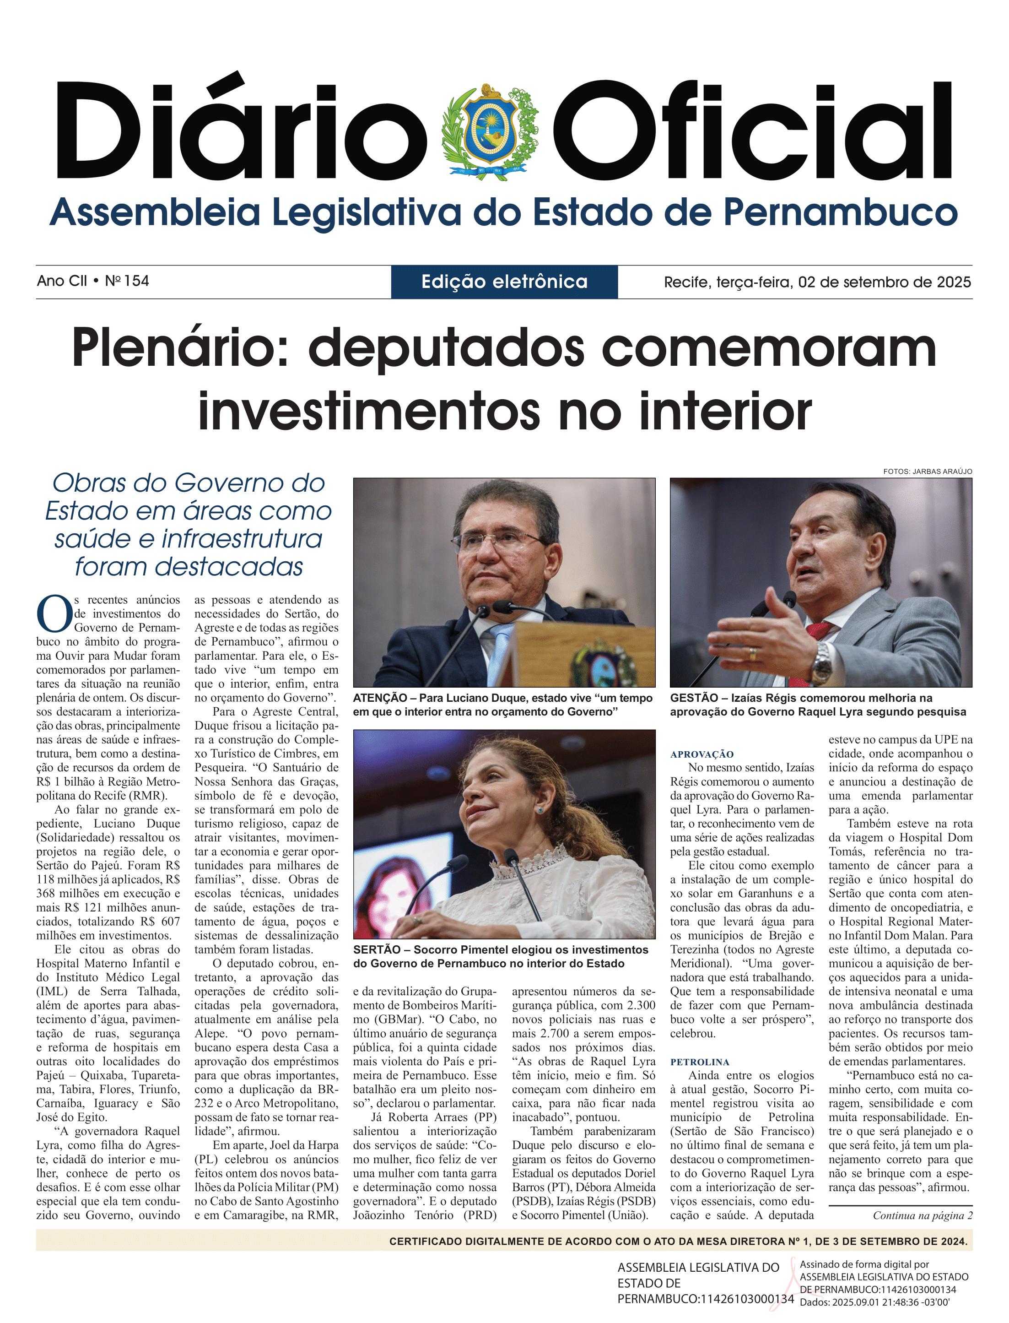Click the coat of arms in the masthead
pyautogui.click(x=490, y=131)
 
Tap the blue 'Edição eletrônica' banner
pyautogui.click(x=504, y=282)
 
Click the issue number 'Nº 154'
pyautogui.click(x=127, y=281)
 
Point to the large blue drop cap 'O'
pyautogui.click(x=54, y=614)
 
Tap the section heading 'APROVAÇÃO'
pyautogui.click(x=702, y=754)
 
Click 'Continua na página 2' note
pyautogui.click(x=922, y=1215)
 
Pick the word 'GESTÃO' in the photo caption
pyautogui.click(x=694, y=698)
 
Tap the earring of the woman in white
pyautogui.click(x=540, y=810)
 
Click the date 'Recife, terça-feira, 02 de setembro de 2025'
pyautogui.click(x=817, y=282)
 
